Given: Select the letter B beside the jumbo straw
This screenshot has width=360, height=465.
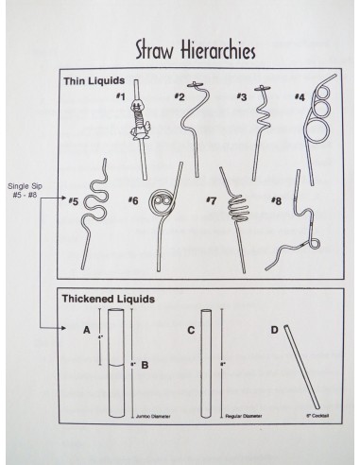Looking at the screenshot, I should [145, 365].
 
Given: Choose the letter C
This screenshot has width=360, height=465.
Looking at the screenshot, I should [191, 330].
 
